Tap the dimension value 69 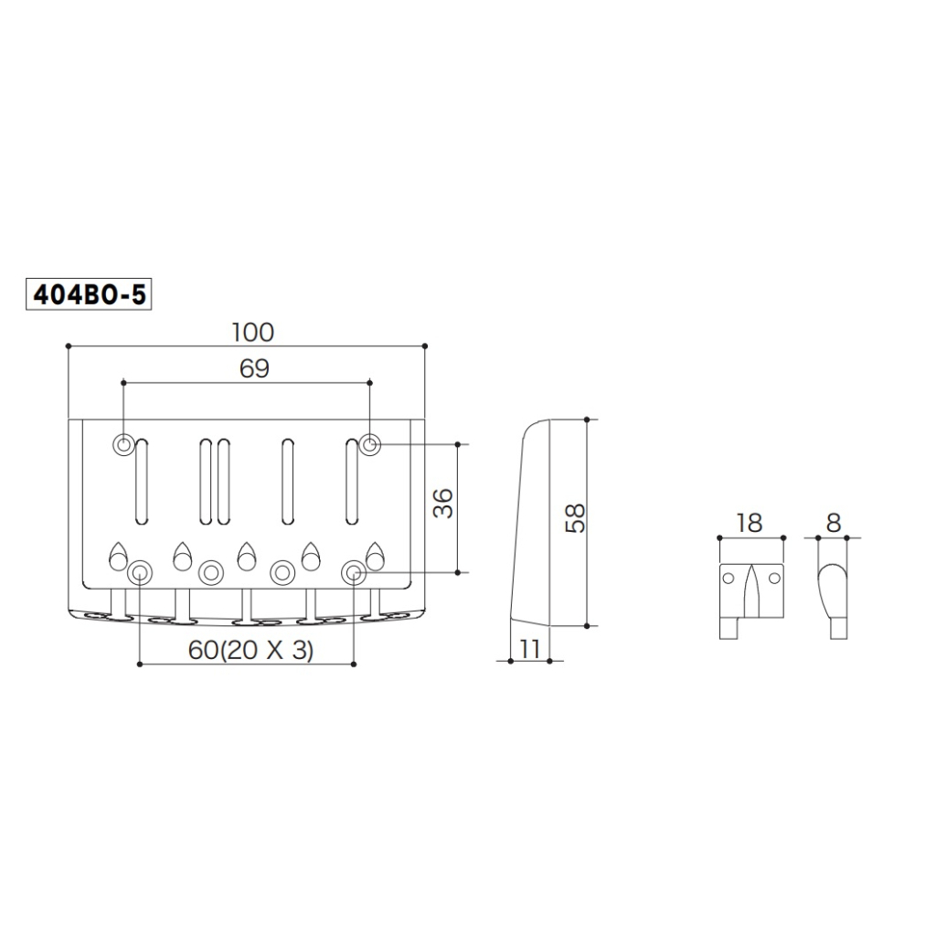coord(254,368)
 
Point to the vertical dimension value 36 coord(442,505)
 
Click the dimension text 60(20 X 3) coord(250,650)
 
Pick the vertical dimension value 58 coord(574,520)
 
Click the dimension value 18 coord(748,523)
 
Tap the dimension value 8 coord(833,523)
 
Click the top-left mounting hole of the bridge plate coord(123,444)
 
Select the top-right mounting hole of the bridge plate coord(369,444)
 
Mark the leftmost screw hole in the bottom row coord(139,572)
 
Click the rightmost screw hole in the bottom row coord(353,572)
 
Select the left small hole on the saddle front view coord(729,579)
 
